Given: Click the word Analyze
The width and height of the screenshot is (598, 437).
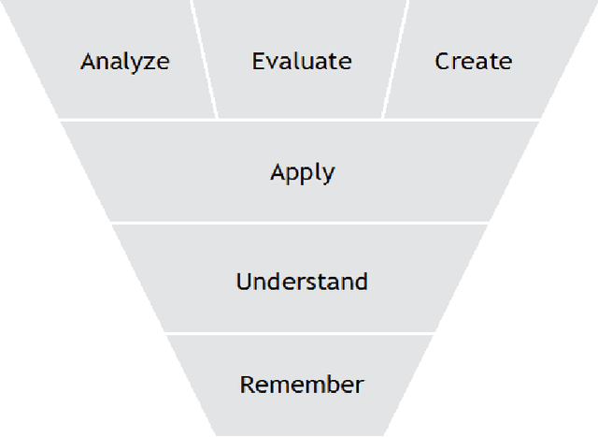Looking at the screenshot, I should (x=125, y=62).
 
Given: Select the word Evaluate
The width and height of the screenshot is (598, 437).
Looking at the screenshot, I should (x=302, y=62).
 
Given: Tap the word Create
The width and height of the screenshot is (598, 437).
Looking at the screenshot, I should (x=474, y=62).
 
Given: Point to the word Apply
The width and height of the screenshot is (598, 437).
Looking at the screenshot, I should (x=302, y=172).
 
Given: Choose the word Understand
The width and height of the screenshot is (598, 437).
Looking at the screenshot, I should (x=302, y=281).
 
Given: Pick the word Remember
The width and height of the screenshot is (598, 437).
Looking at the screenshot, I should (x=302, y=384).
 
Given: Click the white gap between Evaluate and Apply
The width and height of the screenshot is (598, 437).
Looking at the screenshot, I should (x=302, y=119).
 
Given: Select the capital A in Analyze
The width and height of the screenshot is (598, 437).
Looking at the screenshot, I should (x=88, y=62).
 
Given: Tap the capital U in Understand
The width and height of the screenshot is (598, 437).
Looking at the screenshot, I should (x=244, y=281).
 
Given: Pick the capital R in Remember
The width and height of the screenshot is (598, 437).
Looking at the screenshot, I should (x=248, y=384).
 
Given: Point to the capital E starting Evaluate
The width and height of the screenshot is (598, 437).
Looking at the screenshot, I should (x=259, y=62).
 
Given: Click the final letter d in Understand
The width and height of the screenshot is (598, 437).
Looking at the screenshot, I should (x=361, y=281).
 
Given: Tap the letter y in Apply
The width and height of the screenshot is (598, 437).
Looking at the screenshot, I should (x=328, y=175).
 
